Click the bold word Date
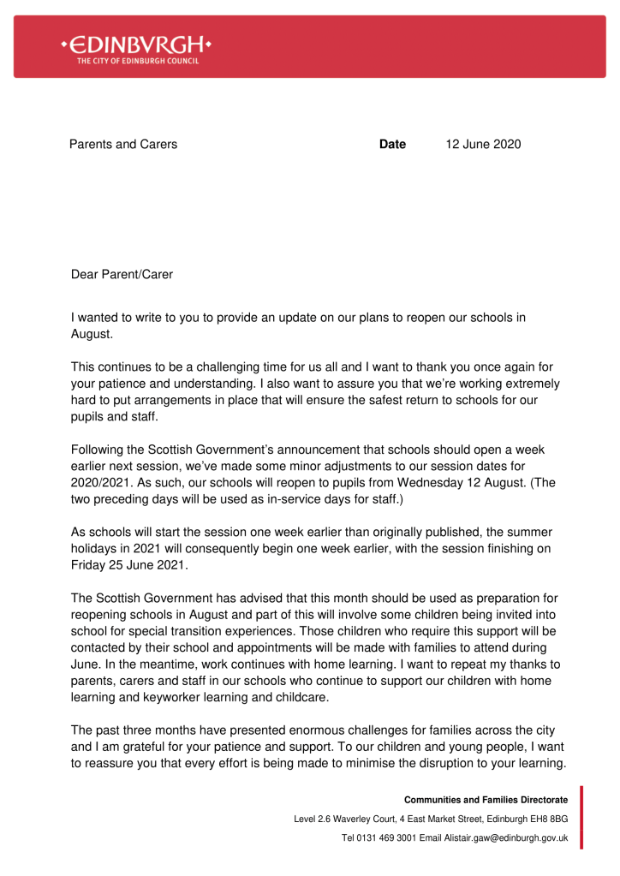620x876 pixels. pyautogui.click(x=392, y=145)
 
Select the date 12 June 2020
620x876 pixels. pyautogui.click(x=483, y=145)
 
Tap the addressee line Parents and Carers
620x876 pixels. pyautogui.click(x=123, y=145)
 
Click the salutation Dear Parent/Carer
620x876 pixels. pyautogui.click(x=122, y=275)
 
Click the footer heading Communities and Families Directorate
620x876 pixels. pyautogui.click(x=486, y=800)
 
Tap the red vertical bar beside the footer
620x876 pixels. pyautogui.click(x=581, y=818)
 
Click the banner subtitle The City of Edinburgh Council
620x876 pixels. pyautogui.click(x=138, y=61)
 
